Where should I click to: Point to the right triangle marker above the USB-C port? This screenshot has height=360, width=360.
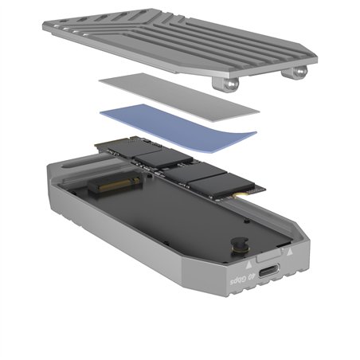pyautogui.click(x=288, y=250)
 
